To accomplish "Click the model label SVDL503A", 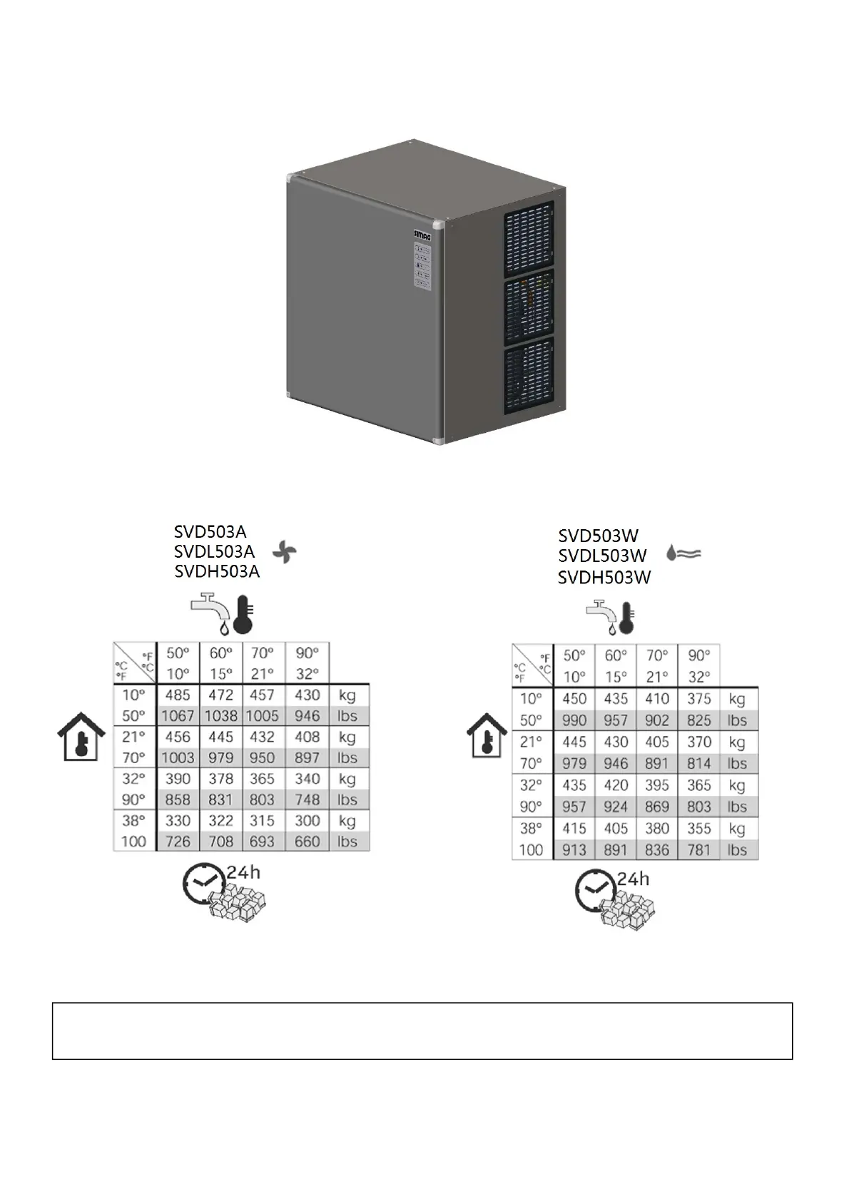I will pos(214,551).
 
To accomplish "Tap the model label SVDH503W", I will pos(604,578).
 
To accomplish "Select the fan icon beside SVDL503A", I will pos(284,551).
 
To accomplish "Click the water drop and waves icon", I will pos(683,553).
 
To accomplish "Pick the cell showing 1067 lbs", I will pos(178,716).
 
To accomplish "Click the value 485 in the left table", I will pos(178,695).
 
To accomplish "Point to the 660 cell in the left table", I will pos(307,842).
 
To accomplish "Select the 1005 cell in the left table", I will pos(263,716).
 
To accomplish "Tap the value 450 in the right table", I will pos(574,699).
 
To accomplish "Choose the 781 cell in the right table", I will pos(699,850).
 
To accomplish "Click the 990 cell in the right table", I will pos(574,720).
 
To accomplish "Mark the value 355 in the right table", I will pos(699,829).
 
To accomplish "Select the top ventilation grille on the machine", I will pos(529,240).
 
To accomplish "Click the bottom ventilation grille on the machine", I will pos(529,378).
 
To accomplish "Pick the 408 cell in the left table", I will pos(307,737).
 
